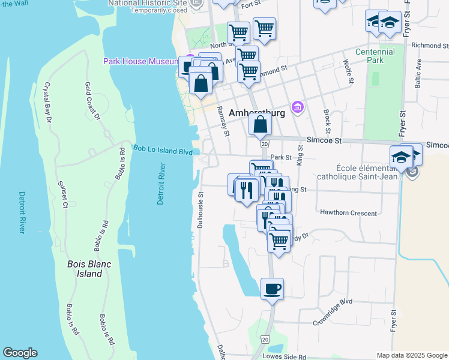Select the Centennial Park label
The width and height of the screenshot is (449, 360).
point(375,56)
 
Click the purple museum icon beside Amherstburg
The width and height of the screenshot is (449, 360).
point(296,107)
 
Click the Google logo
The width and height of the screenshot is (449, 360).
point(20,353)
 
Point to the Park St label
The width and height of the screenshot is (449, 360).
point(280,157)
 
